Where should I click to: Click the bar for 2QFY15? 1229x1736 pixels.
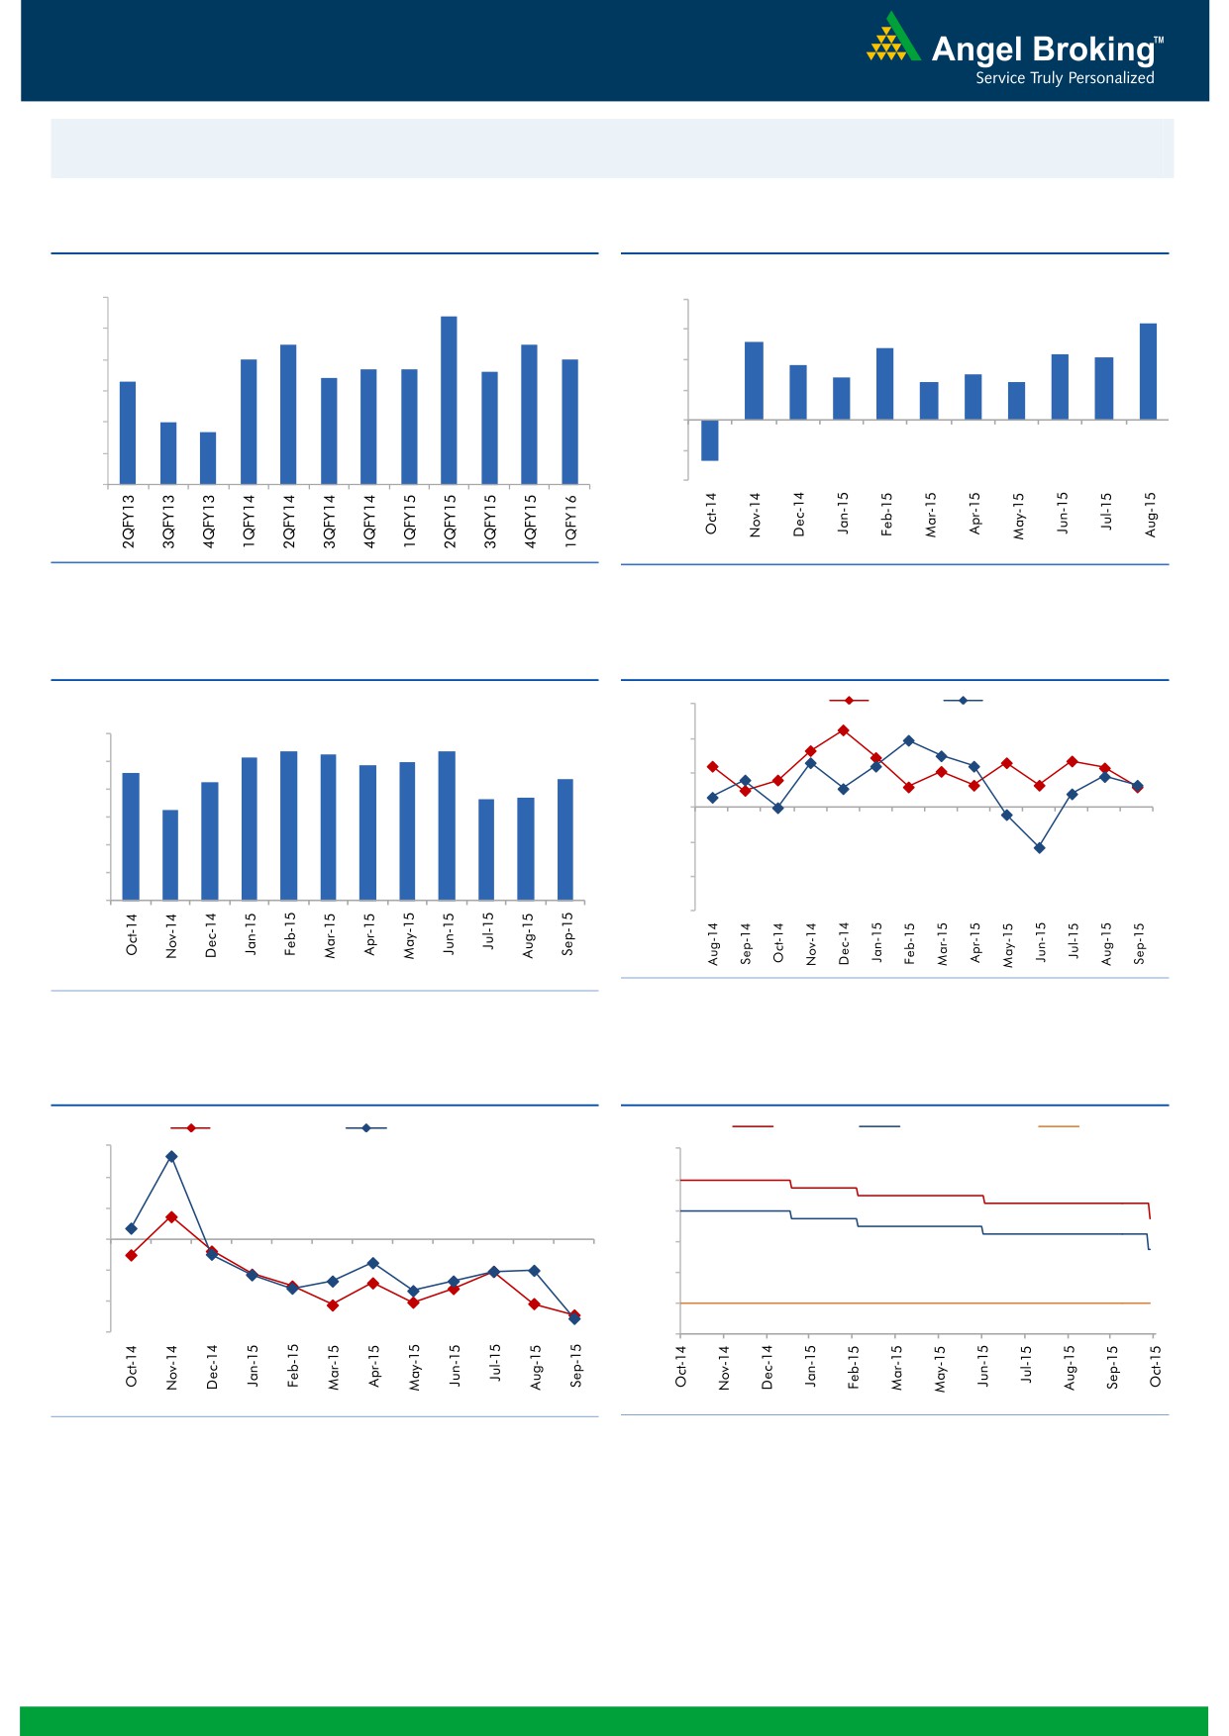pyautogui.click(x=449, y=400)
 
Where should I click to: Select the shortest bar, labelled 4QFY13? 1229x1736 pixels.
pyautogui.click(x=208, y=458)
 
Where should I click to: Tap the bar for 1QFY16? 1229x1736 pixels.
pyautogui.click(x=569, y=422)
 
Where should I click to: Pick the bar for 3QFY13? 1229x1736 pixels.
pyautogui.click(x=168, y=453)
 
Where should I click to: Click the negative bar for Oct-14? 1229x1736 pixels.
pyautogui.click(x=710, y=440)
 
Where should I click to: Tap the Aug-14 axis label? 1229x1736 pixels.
pyautogui.click(x=713, y=943)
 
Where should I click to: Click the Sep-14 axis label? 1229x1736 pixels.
pyautogui.click(x=746, y=943)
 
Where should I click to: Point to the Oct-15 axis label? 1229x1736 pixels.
pyautogui.click(x=1155, y=1366)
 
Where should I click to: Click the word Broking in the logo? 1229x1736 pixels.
pyautogui.click(x=1093, y=49)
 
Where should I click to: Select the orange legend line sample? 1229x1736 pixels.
pyautogui.click(x=1058, y=1126)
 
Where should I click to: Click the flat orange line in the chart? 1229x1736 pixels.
pyautogui.click(x=911, y=1303)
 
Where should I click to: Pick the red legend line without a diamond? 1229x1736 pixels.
pyautogui.click(x=753, y=1126)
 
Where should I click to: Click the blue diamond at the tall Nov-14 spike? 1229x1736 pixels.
pyautogui.click(x=171, y=1156)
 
